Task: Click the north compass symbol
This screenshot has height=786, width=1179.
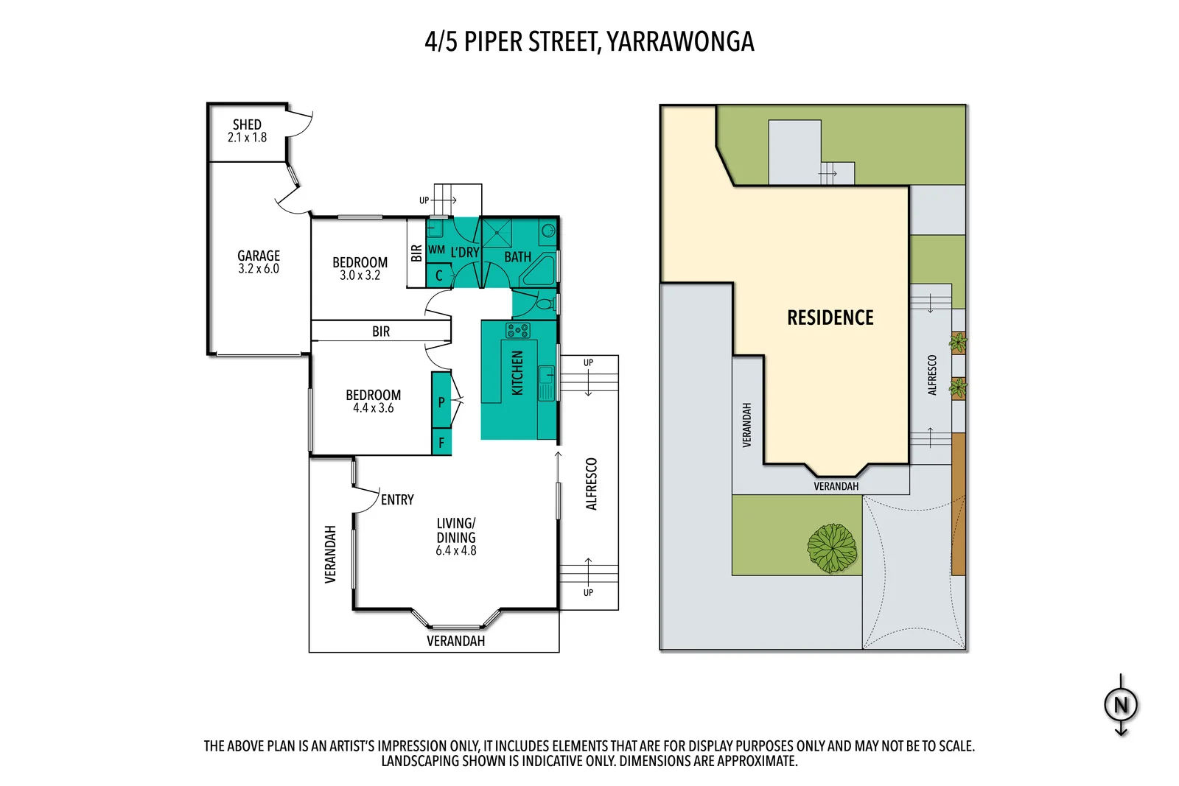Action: [x=1121, y=705]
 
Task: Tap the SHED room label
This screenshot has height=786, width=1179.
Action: [x=247, y=124]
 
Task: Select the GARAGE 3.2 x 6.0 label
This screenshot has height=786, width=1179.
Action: [x=259, y=262]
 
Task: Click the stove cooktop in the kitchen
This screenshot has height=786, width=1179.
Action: [x=518, y=330]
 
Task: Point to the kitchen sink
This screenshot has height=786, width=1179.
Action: [x=546, y=384]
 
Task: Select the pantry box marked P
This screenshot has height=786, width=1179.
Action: [x=441, y=401]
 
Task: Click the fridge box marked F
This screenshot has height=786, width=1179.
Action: [x=441, y=443]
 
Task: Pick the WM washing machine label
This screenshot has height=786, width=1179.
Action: [x=436, y=250]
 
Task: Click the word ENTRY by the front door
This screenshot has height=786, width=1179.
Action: [x=397, y=499]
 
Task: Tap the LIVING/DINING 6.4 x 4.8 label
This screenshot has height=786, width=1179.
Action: [x=456, y=536]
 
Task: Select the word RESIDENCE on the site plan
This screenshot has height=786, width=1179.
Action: [x=830, y=317]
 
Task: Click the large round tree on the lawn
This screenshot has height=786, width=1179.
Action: [x=832, y=548]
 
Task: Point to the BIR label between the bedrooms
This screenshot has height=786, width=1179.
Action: [x=381, y=331]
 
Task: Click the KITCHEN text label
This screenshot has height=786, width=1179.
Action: [x=517, y=373]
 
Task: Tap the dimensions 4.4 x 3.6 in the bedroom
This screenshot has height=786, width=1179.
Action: [x=373, y=408]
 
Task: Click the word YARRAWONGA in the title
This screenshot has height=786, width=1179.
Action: [x=680, y=41]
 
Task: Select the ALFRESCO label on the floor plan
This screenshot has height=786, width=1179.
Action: [x=591, y=484]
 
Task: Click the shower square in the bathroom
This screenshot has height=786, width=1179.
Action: [x=497, y=233]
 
